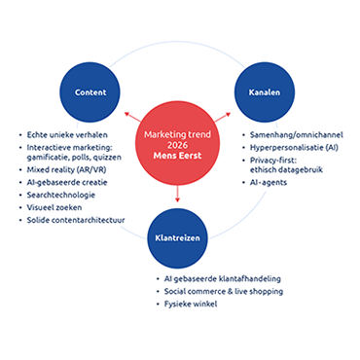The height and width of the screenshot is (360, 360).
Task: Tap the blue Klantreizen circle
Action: (178, 236)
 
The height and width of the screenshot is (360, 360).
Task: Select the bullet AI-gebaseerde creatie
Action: (66, 182)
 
